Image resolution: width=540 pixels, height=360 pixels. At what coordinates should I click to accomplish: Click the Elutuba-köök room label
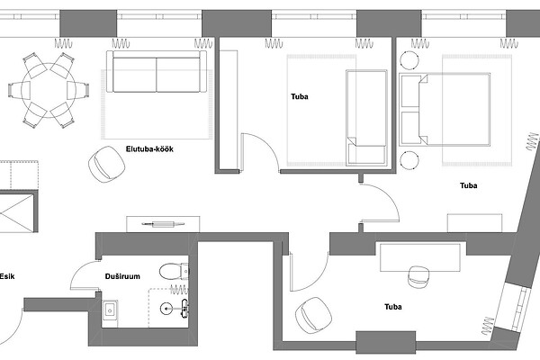click(149, 149)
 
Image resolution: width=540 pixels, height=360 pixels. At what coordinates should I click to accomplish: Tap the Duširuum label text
click(122, 276)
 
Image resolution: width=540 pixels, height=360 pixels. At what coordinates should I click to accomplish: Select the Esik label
click(7, 276)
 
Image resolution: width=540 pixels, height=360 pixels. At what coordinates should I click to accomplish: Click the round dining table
click(49, 90)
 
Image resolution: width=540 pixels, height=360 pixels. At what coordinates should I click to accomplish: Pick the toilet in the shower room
click(174, 271)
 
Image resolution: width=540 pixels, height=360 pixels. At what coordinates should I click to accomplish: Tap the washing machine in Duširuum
click(110, 314)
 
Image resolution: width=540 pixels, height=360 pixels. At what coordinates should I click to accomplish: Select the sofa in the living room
click(157, 72)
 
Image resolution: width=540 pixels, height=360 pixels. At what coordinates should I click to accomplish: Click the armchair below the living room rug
click(106, 164)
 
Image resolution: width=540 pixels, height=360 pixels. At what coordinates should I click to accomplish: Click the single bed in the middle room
click(366, 118)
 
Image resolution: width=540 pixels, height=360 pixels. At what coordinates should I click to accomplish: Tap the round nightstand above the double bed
click(409, 60)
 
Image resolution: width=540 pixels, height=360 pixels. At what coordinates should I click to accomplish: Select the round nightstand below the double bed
click(409, 160)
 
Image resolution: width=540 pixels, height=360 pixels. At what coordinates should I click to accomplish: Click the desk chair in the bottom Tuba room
click(418, 276)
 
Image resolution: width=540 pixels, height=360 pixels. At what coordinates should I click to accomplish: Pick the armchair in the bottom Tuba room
click(313, 316)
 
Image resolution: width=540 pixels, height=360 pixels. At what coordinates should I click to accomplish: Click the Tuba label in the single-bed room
click(300, 96)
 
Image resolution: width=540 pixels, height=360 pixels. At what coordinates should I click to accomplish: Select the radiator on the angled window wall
click(532, 141)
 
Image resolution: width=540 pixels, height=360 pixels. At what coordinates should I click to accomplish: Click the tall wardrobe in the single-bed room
click(229, 110)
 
